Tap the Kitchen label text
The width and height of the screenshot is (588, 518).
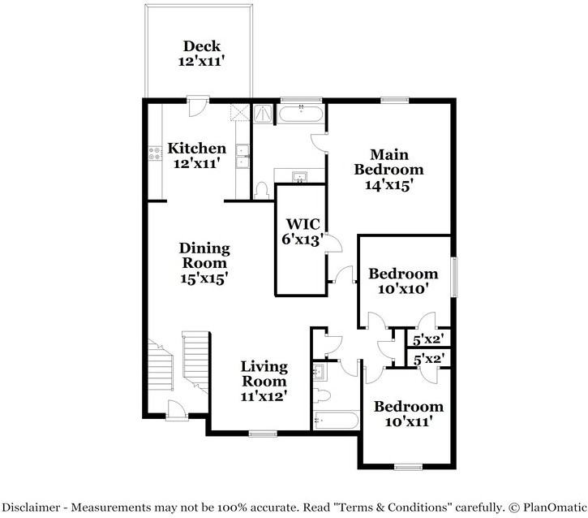pyautogui.click(x=196, y=155)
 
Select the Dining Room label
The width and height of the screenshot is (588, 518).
pyautogui.click(x=204, y=263)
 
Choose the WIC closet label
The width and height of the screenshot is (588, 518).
pyautogui.click(x=303, y=231)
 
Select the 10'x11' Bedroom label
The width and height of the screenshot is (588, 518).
pyautogui.click(x=407, y=413)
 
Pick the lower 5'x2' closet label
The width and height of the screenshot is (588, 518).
pyautogui.click(x=429, y=358)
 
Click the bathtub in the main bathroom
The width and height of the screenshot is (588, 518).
pyautogui.click(x=302, y=114)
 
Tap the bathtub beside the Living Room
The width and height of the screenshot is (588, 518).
pyautogui.click(x=336, y=421)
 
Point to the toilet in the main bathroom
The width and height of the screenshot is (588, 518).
pyautogui.click(x=261, y=191)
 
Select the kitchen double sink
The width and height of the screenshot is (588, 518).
pyautogui.click(x=241, y=156)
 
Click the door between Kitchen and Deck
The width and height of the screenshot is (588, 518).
pyautogui.click(x=195, y=105)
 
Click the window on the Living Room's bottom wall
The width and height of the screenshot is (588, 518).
pyautogui.click(x=261, y=434)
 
